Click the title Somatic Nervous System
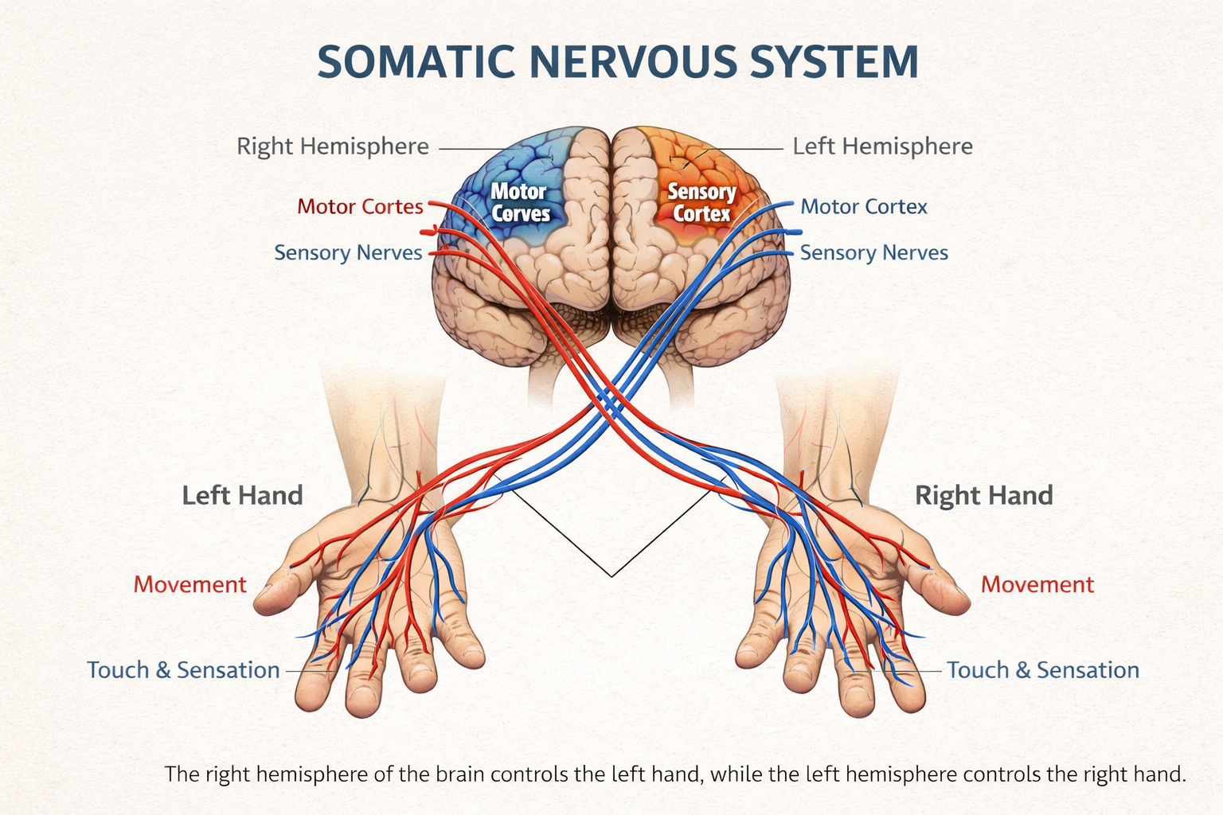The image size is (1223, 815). click(x=617, y=62)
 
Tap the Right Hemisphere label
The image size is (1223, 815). click(x=333, y=146)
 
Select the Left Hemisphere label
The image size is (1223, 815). click(x=882, y=146)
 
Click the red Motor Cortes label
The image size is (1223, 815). click(x=360, y=207)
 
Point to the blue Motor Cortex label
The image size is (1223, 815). click(x=864, y=207)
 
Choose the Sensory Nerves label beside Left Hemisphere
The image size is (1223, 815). click(x=873, y=253)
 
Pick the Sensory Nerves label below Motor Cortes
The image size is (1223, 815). click(x=348, y=253)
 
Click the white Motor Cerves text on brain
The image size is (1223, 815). click(x=520, y=202)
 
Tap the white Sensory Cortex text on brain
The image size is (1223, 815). click(x=701, y=202)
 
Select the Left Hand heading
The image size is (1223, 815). click(x=242, y=495)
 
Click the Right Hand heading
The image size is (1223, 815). click(x=983, y=495)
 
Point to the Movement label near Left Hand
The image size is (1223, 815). click(x=190, y=584)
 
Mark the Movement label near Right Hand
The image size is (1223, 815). click(x=1037, y=584)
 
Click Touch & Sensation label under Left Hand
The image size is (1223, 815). click(x=183, y=670)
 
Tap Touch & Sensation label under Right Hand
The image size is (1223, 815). click(x=1042, y=670)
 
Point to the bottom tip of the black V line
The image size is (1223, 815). click(x=611, y=575)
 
